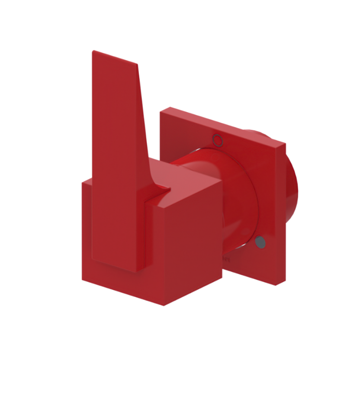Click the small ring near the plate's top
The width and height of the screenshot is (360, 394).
(x=218, y=140)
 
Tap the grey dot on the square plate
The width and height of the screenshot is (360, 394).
(x=260, y=242)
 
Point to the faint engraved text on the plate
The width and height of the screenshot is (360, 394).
(x=225, y=258)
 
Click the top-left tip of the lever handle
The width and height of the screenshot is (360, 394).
(x=93, y=52)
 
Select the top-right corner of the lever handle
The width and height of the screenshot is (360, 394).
(x=138, y=65)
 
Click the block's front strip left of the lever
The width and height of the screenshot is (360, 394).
(x=87, y=229)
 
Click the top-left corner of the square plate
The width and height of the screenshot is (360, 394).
(x=161, y=112)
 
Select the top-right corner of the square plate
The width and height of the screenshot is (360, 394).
(x=285, y=143)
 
